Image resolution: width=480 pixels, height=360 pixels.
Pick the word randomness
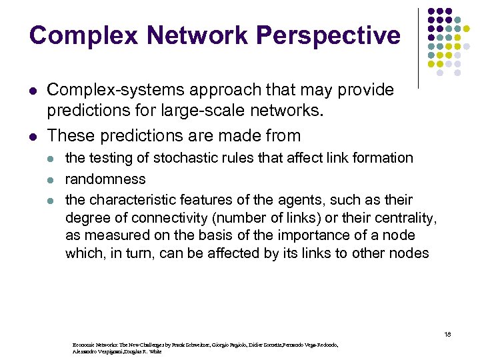point(105,179)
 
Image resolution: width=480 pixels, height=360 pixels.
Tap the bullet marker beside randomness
point(53,179)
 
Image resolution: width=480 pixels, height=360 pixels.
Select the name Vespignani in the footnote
point(99,351)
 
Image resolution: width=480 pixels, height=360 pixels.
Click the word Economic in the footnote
point(85,345)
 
